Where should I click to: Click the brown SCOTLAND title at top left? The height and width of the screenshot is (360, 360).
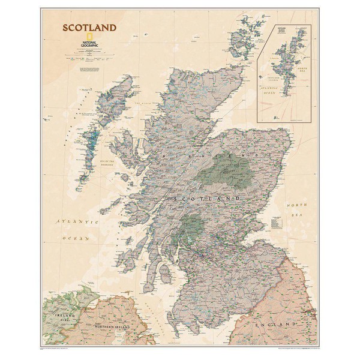pos(87,28)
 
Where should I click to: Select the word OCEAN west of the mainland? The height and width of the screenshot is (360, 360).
pos(78,238)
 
